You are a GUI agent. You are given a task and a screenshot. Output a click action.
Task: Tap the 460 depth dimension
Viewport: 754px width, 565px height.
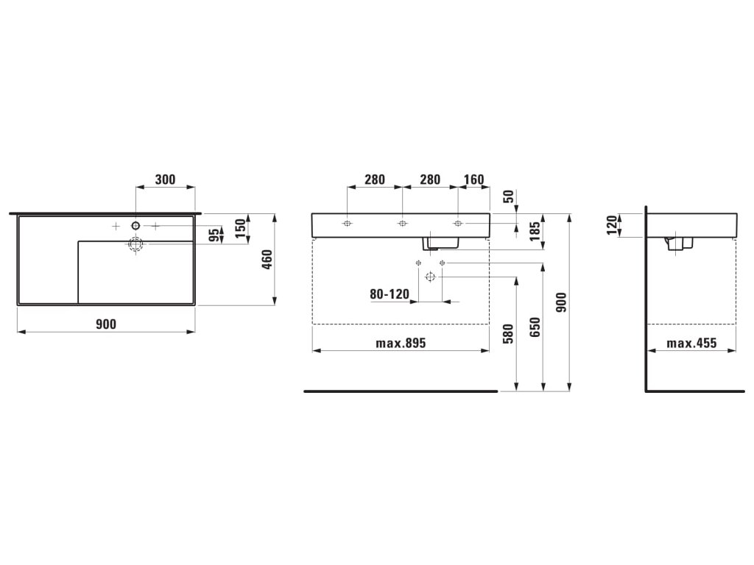point(267,259)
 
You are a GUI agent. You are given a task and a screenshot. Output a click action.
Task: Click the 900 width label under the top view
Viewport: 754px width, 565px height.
point(106,324)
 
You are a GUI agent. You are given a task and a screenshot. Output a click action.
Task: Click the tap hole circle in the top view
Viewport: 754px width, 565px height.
point(136,224)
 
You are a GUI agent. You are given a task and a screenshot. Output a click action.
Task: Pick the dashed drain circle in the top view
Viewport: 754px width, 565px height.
point(135,244)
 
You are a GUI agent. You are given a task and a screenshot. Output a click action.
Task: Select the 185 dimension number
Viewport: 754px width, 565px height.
point(535,233)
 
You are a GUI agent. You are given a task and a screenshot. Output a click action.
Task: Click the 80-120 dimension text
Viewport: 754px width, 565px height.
point(389,294)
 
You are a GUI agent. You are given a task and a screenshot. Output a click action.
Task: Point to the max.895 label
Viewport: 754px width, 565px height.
point(401,343)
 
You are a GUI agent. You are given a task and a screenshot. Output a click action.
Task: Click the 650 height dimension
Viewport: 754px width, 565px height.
point(535,326)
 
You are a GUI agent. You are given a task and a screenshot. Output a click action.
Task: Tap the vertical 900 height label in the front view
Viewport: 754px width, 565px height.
point(561,302)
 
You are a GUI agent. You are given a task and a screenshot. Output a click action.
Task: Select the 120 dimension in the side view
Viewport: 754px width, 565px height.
point(611,225)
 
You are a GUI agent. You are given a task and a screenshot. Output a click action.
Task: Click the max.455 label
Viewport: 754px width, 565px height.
point(691,343)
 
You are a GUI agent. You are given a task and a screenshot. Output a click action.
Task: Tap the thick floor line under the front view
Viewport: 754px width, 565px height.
point(401,391)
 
